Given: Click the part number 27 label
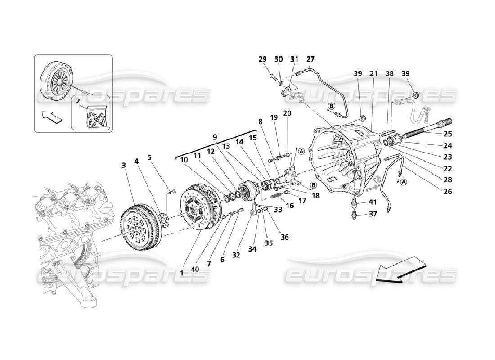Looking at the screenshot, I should tap(310, 59).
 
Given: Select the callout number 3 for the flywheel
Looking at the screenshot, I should tap(123, 166).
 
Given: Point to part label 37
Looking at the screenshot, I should tap(373, 214).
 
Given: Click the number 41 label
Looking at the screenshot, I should tap(373, 202).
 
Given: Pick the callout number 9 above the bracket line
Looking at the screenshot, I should tap(215, 137).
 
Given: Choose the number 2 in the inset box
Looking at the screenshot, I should tap(78, 102).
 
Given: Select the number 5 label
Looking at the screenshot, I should tap(149, 157).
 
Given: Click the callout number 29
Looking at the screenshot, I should tap(263, 59).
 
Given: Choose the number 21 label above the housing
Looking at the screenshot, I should tap(373, 73).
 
